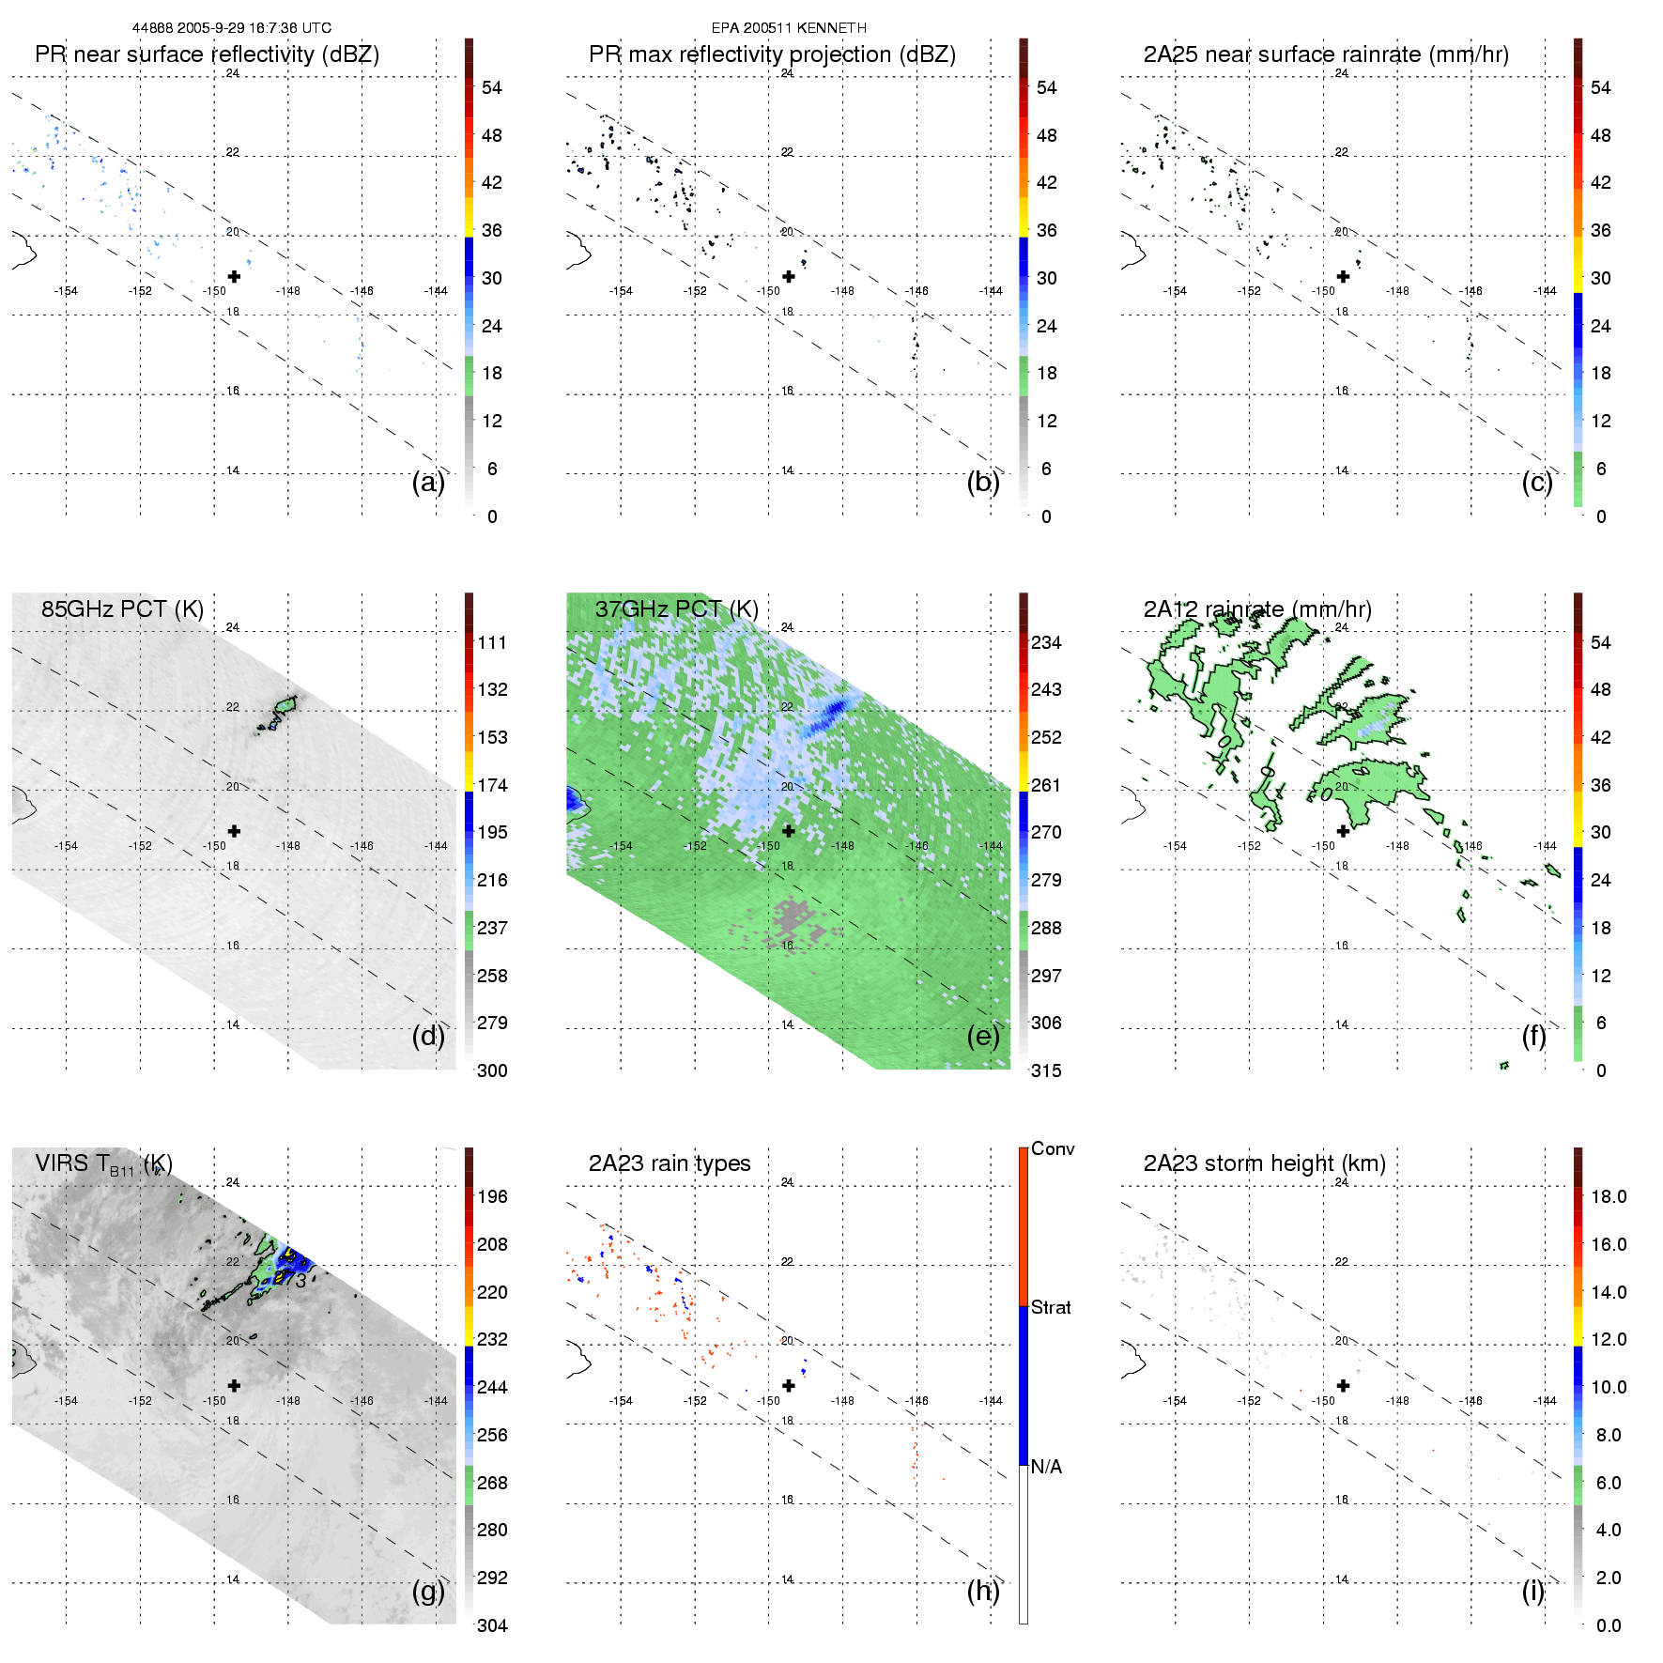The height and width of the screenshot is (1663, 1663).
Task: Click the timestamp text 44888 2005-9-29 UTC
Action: [x=231, y=28]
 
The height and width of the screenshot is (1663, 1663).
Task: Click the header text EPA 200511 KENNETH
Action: [x=789, y=28]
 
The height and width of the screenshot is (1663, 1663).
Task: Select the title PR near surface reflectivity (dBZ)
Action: [x=207, y=54]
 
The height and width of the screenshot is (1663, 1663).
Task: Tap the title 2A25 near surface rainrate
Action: [x=1326, y=54]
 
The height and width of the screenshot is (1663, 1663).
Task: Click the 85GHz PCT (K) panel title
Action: [x=122, y=609]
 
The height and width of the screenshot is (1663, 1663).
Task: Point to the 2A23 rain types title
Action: [x=669, y=1163]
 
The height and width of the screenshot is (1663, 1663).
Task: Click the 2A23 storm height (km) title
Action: [x=1264, y=1163]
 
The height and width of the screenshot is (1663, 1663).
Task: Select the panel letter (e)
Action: [x=982, y=1036]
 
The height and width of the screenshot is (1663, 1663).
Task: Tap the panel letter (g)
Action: [x=428, y=1591]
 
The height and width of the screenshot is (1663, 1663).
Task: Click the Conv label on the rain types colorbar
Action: [x=1053, y=1149]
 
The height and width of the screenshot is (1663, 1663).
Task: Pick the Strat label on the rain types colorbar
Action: [x=1051, y=1307]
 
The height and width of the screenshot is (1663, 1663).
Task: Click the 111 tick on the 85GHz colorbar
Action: [x=492, y=643]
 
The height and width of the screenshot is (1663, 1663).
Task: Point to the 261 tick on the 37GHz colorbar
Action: [x=1046, y=785]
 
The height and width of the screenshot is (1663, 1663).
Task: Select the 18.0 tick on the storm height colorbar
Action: [x=1609, y=1197]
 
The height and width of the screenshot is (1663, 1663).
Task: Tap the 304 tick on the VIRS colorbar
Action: [x=492, y=1625]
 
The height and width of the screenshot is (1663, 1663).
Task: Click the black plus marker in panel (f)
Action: [x=1343, y=831]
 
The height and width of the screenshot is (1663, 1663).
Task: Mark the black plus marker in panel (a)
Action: [x=234, y=276]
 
